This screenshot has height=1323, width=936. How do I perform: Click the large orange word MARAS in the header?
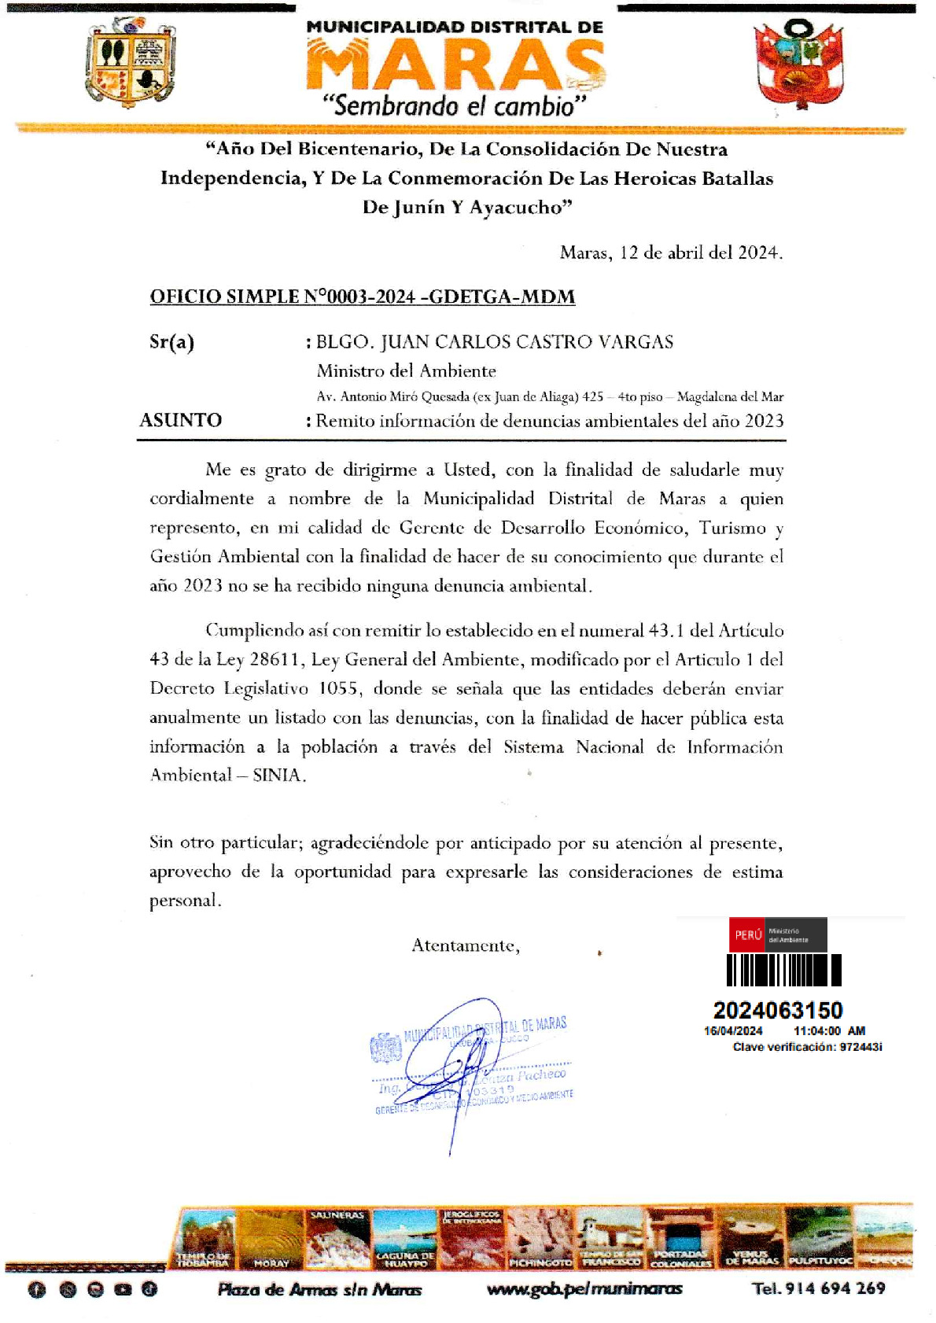455,64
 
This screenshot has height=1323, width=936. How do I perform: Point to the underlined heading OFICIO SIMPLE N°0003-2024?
362,297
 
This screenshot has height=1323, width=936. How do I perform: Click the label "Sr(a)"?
171,342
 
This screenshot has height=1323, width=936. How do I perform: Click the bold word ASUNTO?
180,420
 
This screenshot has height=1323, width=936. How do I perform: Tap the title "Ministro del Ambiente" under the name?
406,370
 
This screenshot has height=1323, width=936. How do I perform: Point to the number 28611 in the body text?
276,659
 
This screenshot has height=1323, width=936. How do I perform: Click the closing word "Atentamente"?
465,945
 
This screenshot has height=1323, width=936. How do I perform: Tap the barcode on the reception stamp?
783,970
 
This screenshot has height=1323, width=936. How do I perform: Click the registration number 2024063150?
778,1010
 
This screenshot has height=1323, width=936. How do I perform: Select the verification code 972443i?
860,1047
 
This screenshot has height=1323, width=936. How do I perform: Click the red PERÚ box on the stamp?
747,934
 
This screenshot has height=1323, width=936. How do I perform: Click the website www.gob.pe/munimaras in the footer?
584,1288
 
